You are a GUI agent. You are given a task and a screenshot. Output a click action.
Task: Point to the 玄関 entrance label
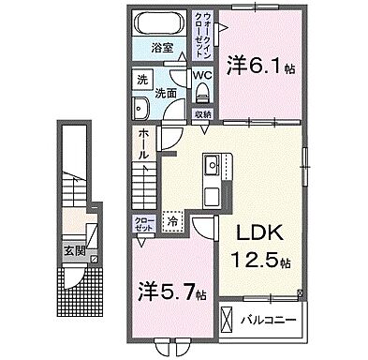click(x=76, y=250)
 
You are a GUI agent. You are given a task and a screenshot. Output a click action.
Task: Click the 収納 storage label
click(x=203, y=114)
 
